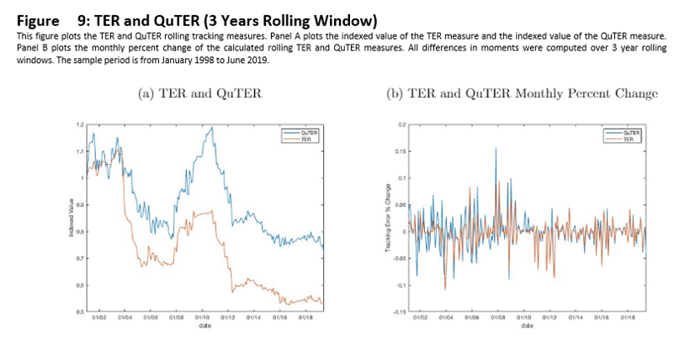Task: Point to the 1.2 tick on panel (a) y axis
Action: [81, 124]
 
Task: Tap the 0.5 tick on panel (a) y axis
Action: [81, 312]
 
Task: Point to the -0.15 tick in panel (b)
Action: [399, 313]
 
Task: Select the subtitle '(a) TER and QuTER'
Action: [199, 93]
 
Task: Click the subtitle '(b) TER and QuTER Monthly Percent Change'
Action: [521, 93]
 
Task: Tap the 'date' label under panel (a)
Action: [204, 325]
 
